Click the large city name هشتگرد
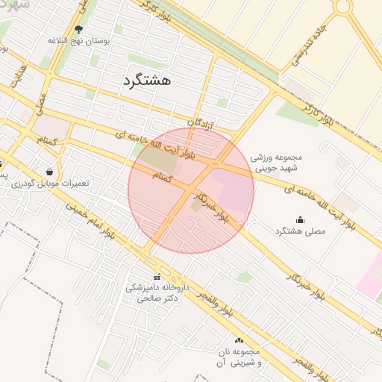145,81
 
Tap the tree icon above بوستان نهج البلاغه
78,30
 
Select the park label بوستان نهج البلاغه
78,41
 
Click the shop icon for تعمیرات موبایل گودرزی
49,172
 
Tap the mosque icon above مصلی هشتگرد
300,219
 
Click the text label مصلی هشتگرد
300,232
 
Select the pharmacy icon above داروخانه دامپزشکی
157,278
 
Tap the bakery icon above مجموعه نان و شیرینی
239,340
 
